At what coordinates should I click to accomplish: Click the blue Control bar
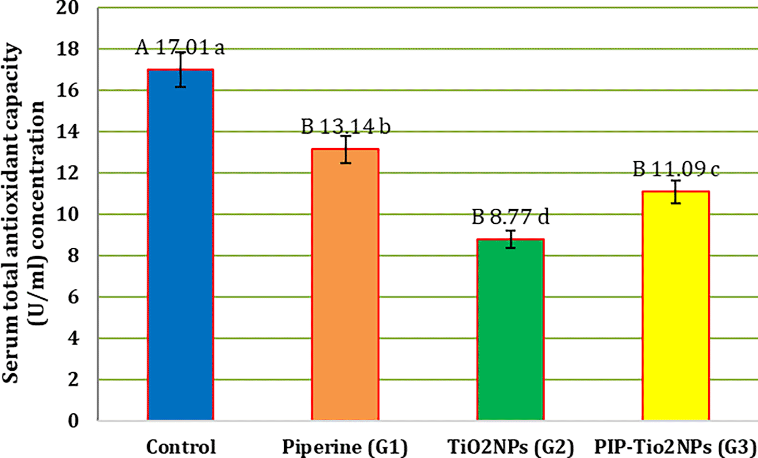180,246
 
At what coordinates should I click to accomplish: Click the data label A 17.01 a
180,48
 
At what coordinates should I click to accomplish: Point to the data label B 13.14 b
346,127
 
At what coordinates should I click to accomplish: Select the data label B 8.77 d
511,217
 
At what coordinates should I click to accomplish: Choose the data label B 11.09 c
676,170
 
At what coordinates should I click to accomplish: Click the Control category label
181,447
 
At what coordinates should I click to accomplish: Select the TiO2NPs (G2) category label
510,447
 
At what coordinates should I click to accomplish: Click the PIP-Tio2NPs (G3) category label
676,447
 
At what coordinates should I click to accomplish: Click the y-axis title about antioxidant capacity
24,214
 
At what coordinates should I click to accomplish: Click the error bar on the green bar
511,239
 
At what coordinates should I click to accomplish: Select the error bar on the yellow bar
676,192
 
